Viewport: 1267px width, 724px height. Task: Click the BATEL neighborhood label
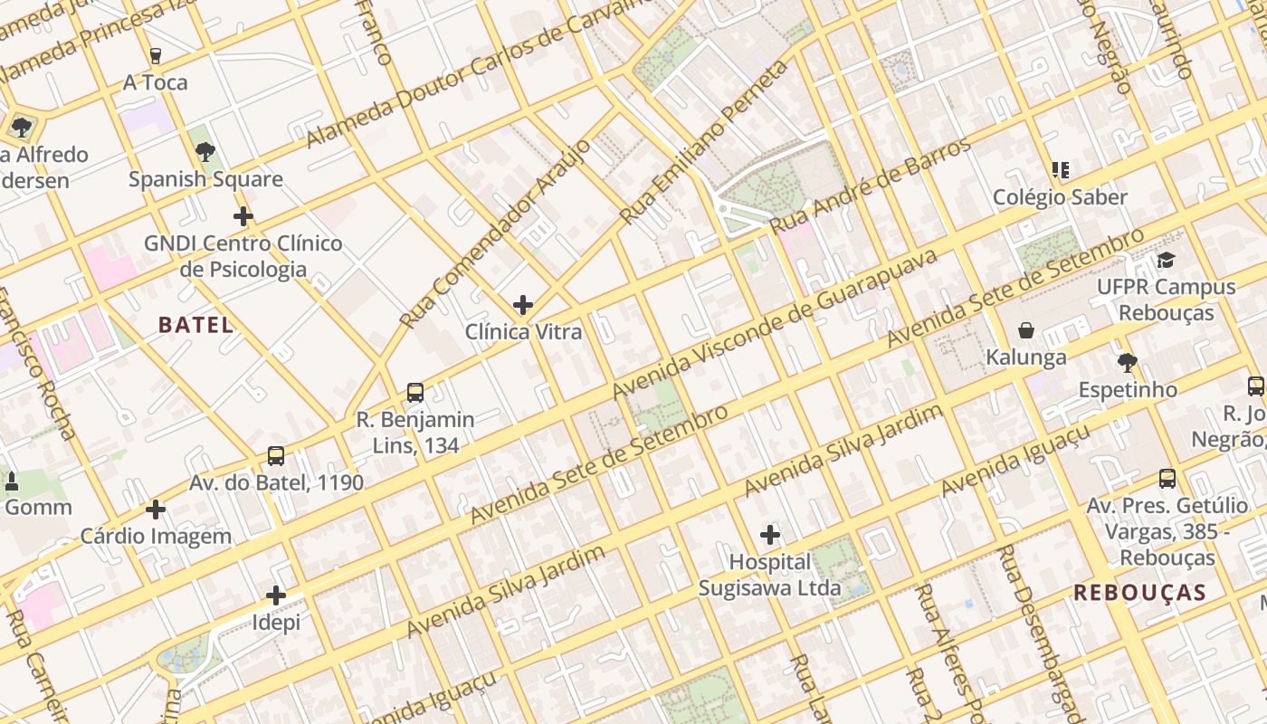point(195,325)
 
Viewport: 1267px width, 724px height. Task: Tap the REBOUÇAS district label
point(1139,593)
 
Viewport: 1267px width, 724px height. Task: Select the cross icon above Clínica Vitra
point(522,305)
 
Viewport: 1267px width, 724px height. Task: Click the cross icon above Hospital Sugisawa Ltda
point(770,535)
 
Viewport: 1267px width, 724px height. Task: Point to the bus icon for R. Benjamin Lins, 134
point(415,393)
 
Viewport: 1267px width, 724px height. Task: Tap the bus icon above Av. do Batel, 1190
point(276,456)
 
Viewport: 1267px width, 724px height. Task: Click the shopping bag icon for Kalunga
point(1026,330)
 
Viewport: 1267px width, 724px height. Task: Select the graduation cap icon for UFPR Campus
point(1166,261)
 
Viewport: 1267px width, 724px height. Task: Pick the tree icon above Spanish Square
point(205,151)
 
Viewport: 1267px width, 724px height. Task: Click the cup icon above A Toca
point(156,56)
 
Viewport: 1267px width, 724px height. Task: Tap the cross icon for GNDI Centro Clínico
point(243,216)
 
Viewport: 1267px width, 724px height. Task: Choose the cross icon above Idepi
point(276,595)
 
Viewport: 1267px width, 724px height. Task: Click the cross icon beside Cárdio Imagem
point(156,510)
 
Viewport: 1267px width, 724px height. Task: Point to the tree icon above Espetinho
point(1127,363)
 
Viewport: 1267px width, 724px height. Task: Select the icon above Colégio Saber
point(1061,170)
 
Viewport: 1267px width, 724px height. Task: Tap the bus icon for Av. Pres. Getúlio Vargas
point(1167,479)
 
